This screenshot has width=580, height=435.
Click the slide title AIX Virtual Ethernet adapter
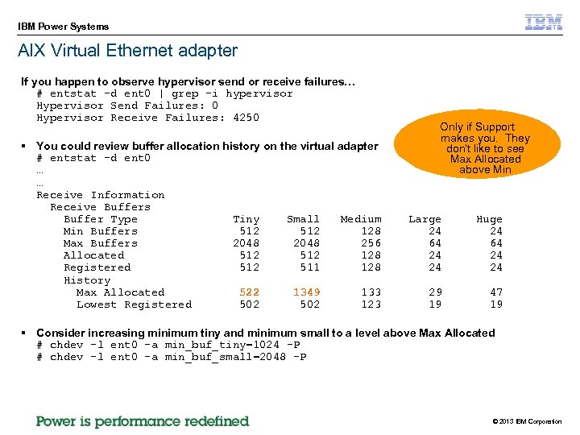pos(128,51)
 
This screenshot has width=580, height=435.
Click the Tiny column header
pos(246,219)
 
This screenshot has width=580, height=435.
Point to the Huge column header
pos(489,219)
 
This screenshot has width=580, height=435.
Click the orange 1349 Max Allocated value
pos(306,292)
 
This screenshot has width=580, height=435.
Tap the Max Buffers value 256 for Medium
pos(371,243)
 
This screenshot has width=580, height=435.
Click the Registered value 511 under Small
pos(309,267)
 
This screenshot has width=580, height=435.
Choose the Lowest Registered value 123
pos(371,304)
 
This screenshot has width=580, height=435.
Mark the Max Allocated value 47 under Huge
pos(495,292)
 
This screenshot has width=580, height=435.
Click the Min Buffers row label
pos(100,231)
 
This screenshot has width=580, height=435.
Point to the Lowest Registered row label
pos(134,304)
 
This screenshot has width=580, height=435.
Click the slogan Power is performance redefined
pos(143,421)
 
